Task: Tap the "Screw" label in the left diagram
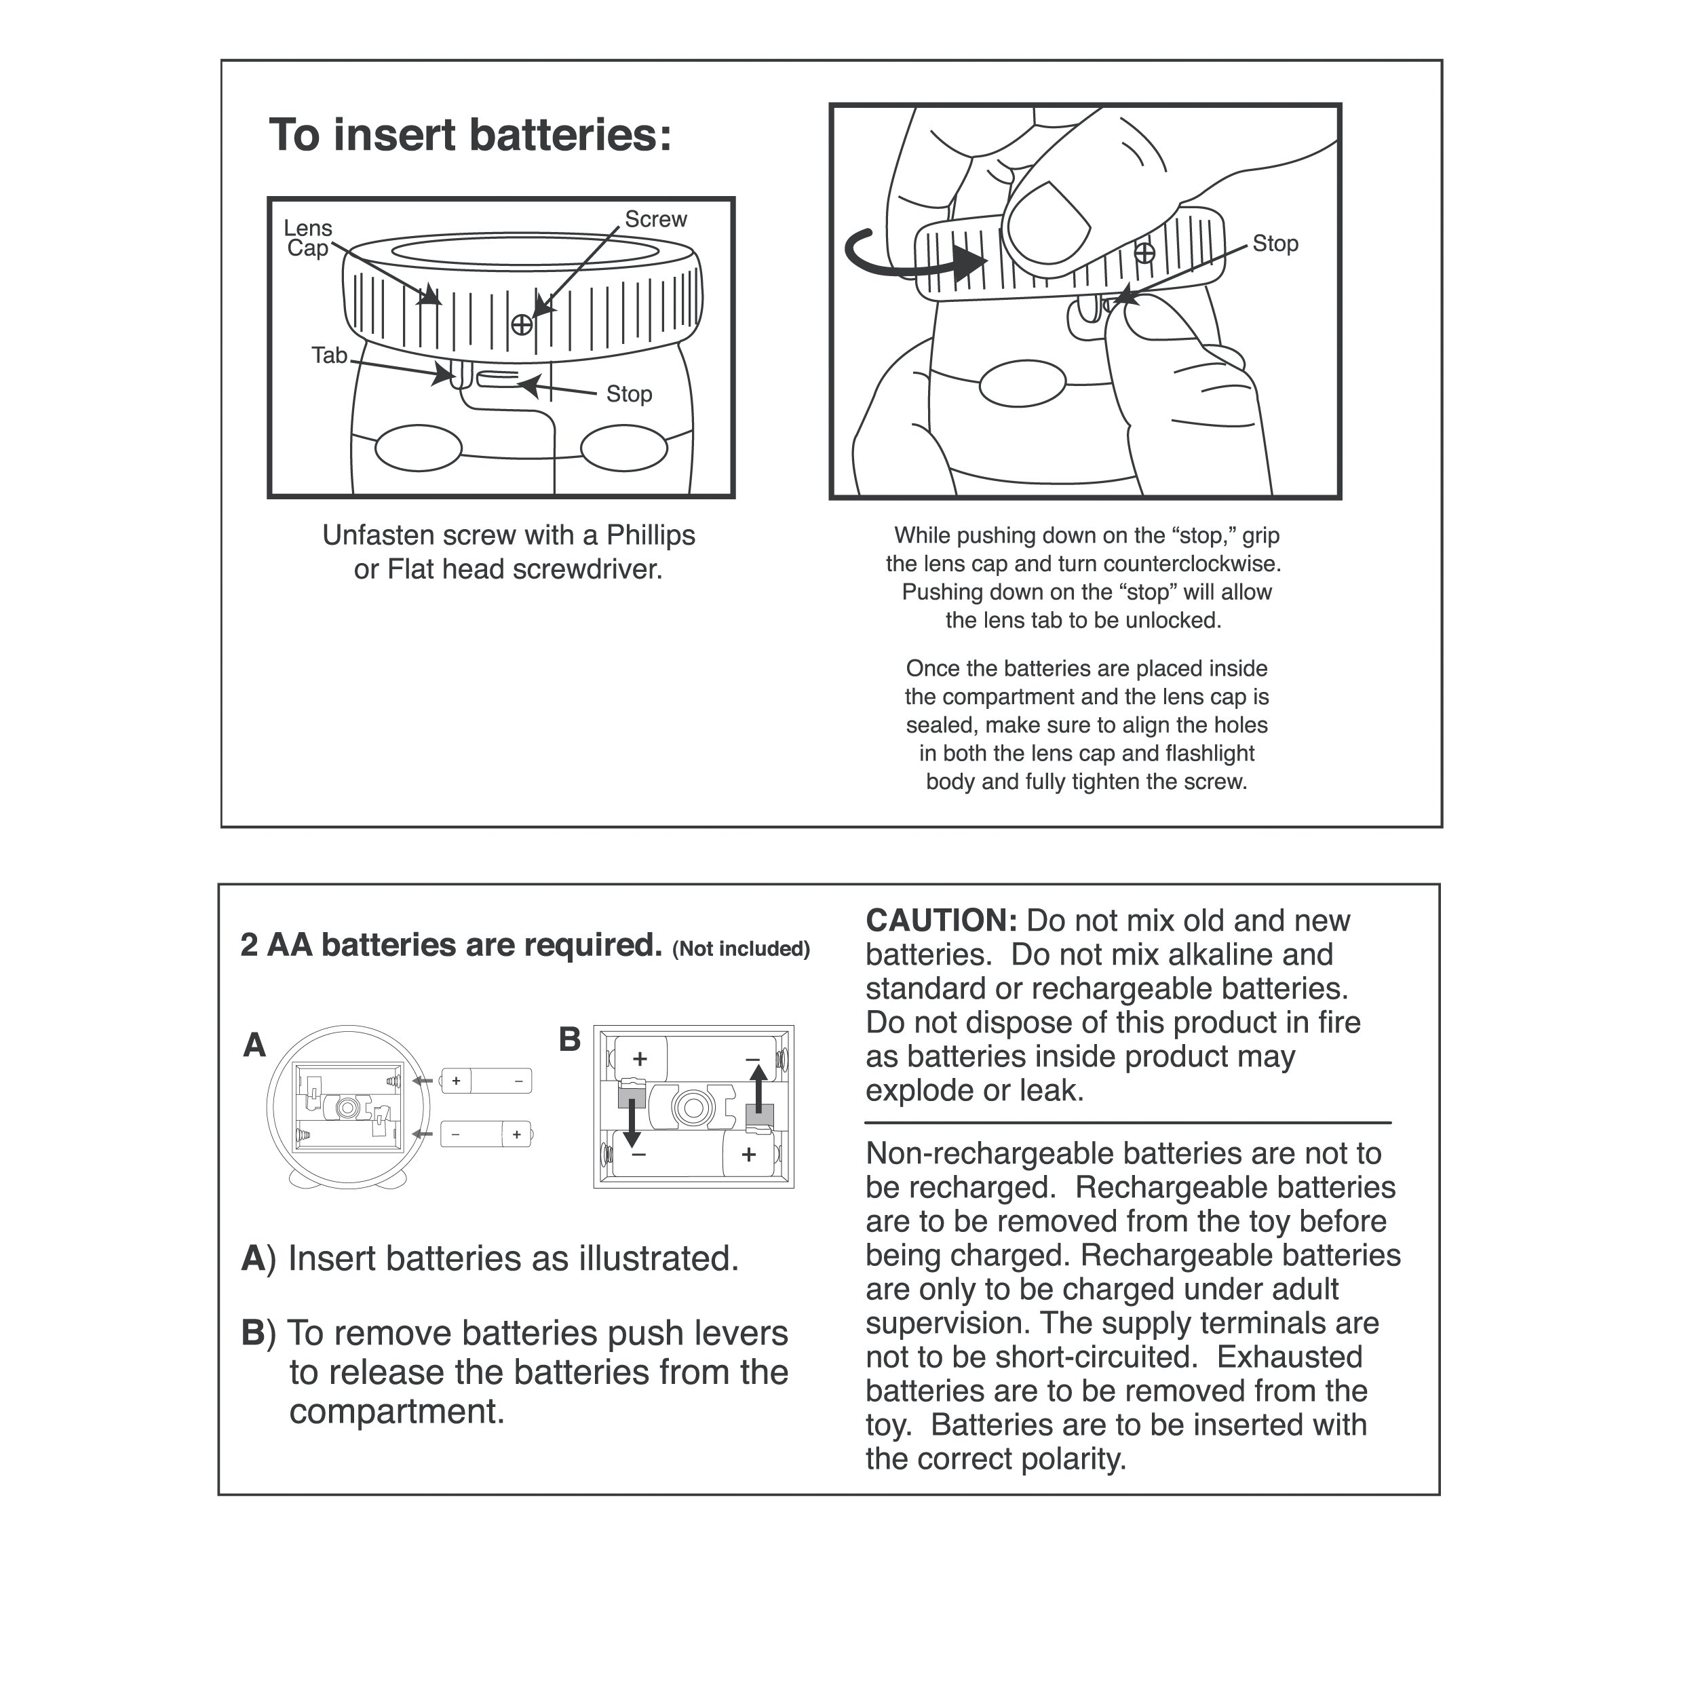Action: pyautogui.click(x=656, y=219)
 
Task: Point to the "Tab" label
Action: pyautogui.click(x=329, y=355)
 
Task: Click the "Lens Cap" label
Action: pyautogui.click(x=307, y=239)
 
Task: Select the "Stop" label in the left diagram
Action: pyautogui.click(x=629, y=394)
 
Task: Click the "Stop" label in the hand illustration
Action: pyautogui.click(x=1275, y=244)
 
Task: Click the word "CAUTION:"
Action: pyautogui.click(x=941, y=921)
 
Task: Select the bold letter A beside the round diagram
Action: pyautogui.click(x=254, y=1045)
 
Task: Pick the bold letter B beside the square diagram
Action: pyautogui.click(x=570, y=1040)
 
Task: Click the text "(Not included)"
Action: pyautogui.click(x=741, y=949)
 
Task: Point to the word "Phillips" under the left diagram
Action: pyautogui.click(x=651, y=535)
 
